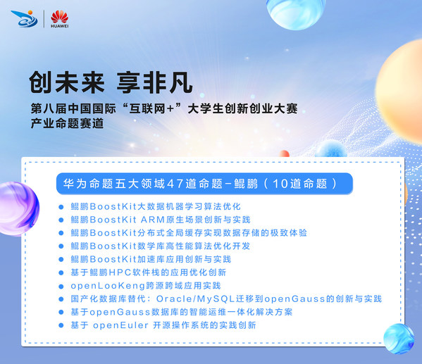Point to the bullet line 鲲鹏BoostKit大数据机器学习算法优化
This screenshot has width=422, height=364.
(x=156, y=206)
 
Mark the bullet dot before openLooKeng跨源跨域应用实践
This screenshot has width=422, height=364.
(x=63, y=286)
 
